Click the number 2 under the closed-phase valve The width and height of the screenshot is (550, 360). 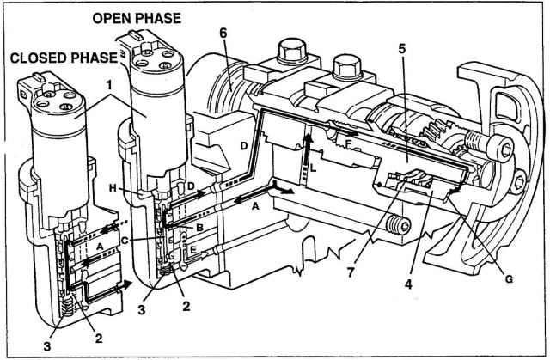point(100,339)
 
